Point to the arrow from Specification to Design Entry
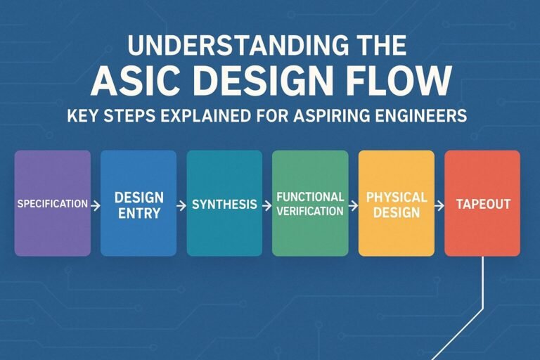click(95, 205)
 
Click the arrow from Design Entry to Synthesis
click(181, 205)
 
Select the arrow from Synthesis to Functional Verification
click(266, 205)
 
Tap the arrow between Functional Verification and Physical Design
click(352, 205)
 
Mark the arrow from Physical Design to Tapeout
click(439, 205)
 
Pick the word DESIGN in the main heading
click(263, 82)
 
